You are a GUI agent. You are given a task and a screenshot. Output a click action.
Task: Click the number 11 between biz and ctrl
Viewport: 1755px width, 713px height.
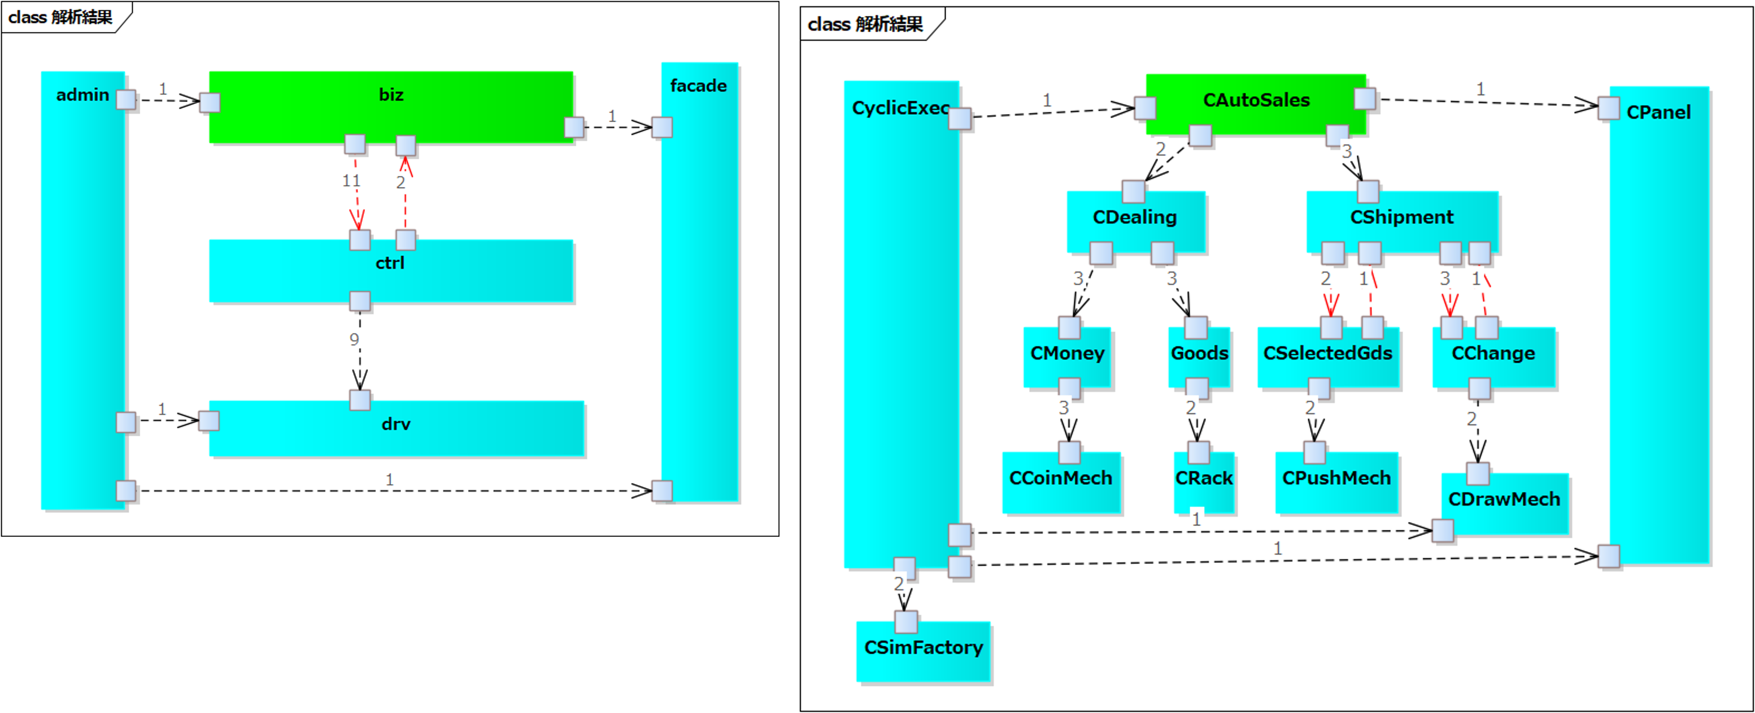coord(351,181)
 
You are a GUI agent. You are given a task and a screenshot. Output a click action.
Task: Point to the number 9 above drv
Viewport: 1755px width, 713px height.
coord(354,340)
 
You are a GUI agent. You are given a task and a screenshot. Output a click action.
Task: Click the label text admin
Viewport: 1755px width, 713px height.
coord(82,95)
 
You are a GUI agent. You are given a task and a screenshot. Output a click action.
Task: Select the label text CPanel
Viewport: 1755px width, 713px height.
coord(1658,112)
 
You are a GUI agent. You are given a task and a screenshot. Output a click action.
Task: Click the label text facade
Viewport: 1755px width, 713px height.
coord(698,86)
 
